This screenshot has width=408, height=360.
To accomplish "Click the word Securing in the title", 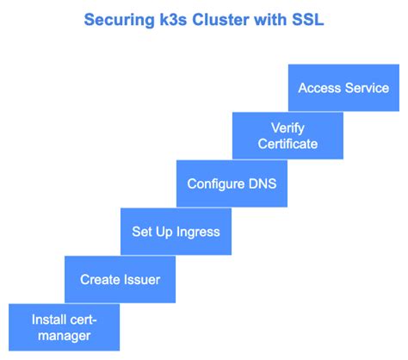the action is coord(119,20).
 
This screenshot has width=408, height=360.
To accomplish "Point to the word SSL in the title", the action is coord(308,20).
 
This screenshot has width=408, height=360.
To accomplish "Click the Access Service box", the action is coord(343,88).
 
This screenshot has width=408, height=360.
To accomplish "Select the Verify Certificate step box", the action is coord(287,135).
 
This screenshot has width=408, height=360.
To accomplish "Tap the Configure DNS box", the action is coord(232,183).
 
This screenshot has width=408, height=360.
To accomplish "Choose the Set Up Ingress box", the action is coord(176,232).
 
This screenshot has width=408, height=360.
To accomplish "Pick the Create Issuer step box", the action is coord(120,279).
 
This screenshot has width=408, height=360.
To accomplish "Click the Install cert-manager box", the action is coord(64,327).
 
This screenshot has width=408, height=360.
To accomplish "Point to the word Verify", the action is coord(287,128).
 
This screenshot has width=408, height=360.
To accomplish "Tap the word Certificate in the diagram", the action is coord(287,144).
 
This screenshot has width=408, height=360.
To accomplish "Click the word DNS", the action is coord(263,183).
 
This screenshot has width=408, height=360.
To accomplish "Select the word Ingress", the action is coord(198,232).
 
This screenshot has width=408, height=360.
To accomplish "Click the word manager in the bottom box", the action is coord(65,336).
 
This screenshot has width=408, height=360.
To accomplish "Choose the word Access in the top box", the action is coord(319,88).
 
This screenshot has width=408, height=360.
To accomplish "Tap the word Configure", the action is coord(216,184).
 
